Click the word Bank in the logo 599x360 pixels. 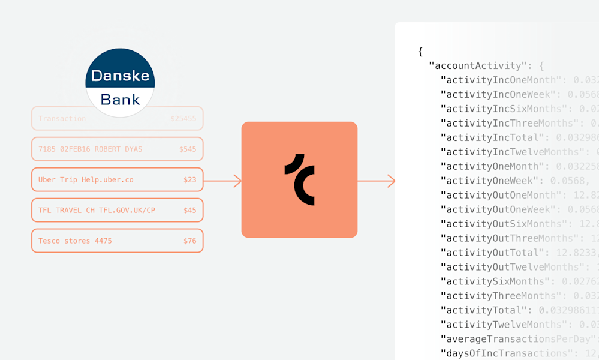(120, 100)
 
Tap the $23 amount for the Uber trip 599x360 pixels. (189, 179)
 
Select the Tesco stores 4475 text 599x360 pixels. (75, 241)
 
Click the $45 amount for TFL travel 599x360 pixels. (189, 210)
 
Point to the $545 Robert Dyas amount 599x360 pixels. (187, 149)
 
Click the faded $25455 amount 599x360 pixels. (183, 118)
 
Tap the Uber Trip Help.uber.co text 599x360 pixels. (86, 179)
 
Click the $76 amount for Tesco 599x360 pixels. (189, 241)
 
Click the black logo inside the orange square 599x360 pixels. (299, 179)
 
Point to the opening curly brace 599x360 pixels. (420, 52)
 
